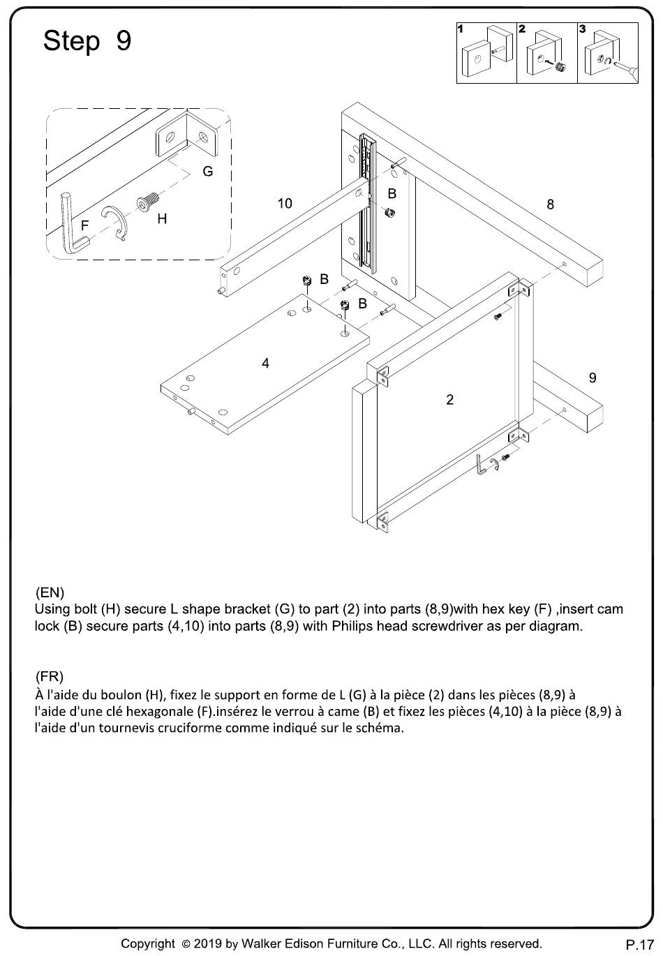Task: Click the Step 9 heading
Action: (87, 42)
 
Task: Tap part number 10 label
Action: (285, 204)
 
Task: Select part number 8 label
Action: (551, 204)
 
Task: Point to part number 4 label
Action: (265, 363)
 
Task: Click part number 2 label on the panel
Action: (449, 399)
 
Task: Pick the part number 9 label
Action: (593, 378)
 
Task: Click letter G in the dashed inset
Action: (207, 172)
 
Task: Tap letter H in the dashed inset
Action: (162, 219)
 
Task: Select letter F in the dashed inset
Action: (85, 225)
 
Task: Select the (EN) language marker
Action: (50, 592)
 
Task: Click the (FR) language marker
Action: (49, 676)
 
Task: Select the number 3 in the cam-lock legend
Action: (582, 29)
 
